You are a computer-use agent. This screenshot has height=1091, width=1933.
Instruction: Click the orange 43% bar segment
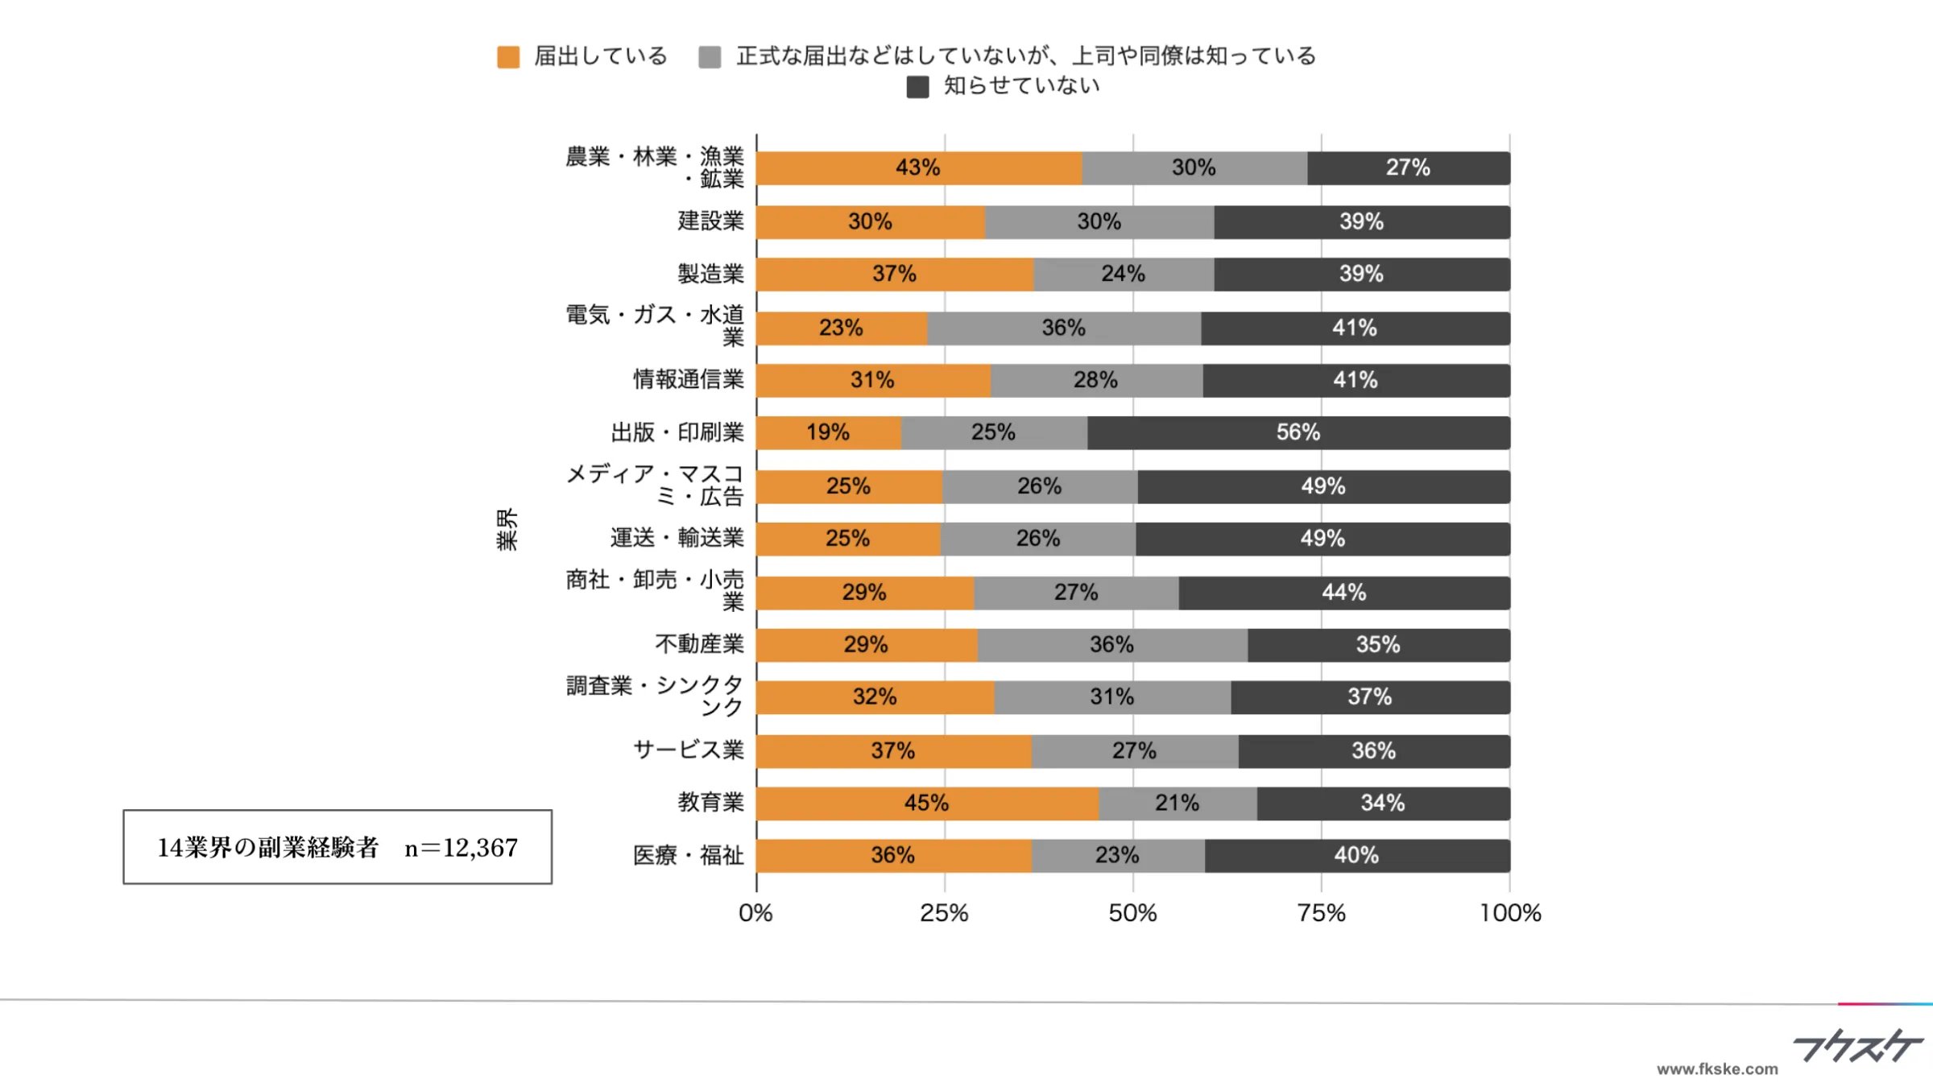[x=918, y=168]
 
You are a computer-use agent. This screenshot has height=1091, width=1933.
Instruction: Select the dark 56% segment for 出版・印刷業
[x=1298, y=433]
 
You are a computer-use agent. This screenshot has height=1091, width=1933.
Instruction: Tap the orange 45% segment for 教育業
[x=926, y=804]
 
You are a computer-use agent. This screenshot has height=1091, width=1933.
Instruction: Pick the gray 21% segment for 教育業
[x=1177, y=804]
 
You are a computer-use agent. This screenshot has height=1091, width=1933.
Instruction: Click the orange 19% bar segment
[x=828, y=433]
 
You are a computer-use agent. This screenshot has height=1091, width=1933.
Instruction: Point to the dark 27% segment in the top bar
[x=1408, y=168]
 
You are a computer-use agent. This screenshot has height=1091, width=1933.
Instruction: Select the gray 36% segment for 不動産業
[x=1111, y=645]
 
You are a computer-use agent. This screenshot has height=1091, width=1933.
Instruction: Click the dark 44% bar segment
[x=1343, y=593]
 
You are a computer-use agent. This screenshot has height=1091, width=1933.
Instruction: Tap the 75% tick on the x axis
[x=1321, y=913]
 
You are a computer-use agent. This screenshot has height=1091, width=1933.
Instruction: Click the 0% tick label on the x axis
[x=755, y=913]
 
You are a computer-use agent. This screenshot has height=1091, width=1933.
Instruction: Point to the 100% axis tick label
[x=1509, y=913]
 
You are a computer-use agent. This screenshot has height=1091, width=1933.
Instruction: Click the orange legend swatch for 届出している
[x=508, y=57]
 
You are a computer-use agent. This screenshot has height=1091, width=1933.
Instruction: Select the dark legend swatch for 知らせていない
[x=917, y=87]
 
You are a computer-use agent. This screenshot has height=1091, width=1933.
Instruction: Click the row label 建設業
[x=710, y=221]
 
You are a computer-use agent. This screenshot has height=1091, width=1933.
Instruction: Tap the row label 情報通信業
[x=688, y=379]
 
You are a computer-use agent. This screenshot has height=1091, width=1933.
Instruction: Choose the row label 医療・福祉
[x=688, y=855]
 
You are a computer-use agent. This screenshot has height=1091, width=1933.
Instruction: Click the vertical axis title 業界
[x=507, y=529]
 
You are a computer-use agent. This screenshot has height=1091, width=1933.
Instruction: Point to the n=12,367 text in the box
[x=461, y=848]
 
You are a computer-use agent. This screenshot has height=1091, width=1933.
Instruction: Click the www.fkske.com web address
[x=1716, y=1069]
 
